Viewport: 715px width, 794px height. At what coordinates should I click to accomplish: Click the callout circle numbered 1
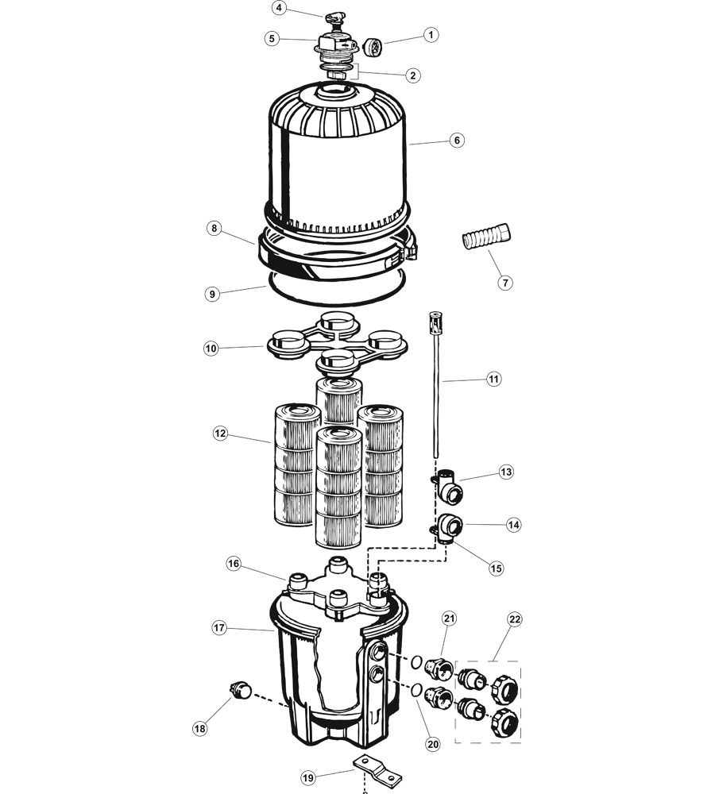coord(431,35)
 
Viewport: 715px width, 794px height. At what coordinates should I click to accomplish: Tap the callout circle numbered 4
coord(279,8)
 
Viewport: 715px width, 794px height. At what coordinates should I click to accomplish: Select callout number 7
coord(504,282)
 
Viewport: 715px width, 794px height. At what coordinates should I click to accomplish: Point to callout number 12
coord(220,434)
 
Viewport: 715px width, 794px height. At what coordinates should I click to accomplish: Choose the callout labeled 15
coord(496,569)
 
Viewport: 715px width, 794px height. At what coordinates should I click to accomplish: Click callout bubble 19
coord(307,777)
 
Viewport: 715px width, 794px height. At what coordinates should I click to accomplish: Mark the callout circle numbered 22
coord(515,620)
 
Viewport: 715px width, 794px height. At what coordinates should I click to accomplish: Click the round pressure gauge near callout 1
coord(373,47)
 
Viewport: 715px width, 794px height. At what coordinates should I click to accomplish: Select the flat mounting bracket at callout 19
coord(377,769)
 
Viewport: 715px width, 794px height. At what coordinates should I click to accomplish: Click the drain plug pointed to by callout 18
coord(241,690)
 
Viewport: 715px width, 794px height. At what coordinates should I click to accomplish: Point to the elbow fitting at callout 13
coord(448,488)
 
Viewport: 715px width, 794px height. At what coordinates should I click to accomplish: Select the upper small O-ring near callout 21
coord(415,661)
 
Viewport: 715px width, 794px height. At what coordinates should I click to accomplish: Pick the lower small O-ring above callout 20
coord(415,690)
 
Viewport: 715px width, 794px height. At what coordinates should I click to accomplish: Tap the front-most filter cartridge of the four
coord(338,486)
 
